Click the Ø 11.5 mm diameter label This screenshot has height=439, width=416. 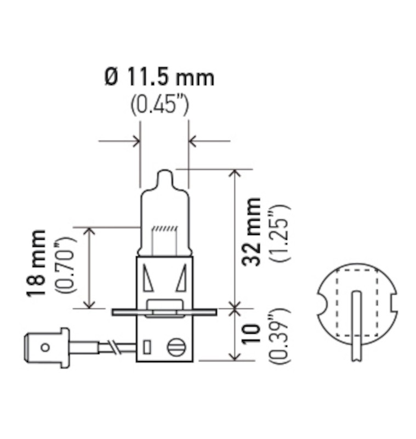click(159, 77)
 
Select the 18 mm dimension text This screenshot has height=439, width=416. click(38, 264)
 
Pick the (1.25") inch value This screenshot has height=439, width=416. click(278, 232)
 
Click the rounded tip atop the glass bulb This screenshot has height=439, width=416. click(164, 177)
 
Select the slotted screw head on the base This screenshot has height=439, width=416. click(176, 347)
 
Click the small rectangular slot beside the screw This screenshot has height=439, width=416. click(146, 347)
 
